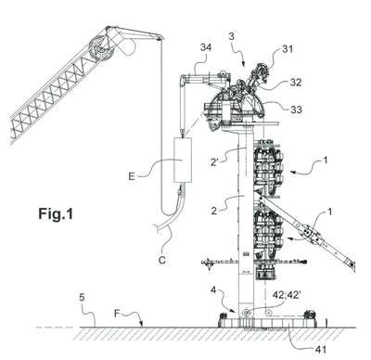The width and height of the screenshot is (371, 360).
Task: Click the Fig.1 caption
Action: (x=56, y=213)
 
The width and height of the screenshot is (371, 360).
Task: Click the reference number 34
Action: (x=206, y=48)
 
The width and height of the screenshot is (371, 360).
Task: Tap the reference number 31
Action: (x=288, y=49)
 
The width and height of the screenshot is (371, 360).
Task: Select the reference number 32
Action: (x=295, y=83)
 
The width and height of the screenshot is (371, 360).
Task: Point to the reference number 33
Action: (x=296, y=109)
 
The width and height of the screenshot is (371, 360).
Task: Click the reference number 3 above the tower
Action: (x=232, y=36)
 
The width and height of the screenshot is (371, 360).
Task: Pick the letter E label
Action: (x=132, y=177)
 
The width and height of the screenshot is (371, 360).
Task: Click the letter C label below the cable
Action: (x=162, y=261)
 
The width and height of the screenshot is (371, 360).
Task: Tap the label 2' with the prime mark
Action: (x=215, y=161)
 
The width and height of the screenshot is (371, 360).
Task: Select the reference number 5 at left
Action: (x=82, y=298)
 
